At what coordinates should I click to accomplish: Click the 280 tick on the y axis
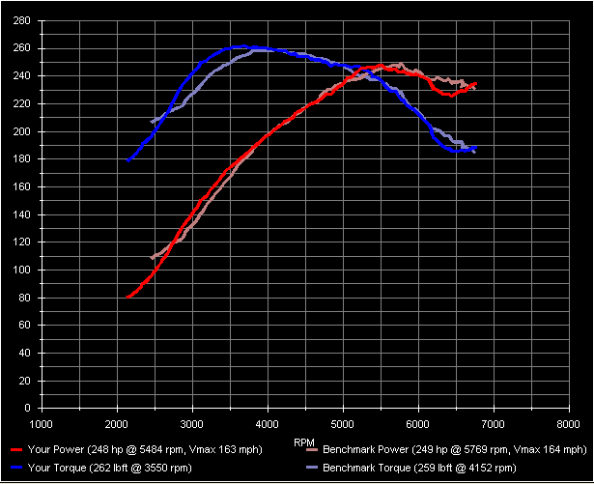pyautogui.click(x=21, y=20)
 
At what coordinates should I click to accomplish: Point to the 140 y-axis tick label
pyautogui.click(x=21, y=214)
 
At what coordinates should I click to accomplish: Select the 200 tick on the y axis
pyautogui.click(x=21, y=131)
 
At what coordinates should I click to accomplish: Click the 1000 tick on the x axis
pyautogui.click(x=42, y=423)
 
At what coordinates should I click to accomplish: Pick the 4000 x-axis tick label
pyautogui.click(x=268, y=423)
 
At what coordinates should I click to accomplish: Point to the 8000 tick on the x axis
pyautogui.click(x=569, y=423)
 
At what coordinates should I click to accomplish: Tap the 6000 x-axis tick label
pyautogui.click(x=418, y=423)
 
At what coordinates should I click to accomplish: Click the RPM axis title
pyautogui.click(x=303, y=441)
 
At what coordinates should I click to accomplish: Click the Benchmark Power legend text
pyautogui.click(x=454, y=450)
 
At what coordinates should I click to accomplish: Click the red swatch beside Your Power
pyautogui.click(x=15, y=450)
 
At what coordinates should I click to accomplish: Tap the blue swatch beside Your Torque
pyautogui.click(x=15, y=468)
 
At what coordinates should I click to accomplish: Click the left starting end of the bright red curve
pyautogui.click(x=127, y=297)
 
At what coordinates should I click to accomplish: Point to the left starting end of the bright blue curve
pyautogui.click(x=127, y=160)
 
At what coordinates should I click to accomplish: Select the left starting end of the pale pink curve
pyautogui.click(x=153, y=257)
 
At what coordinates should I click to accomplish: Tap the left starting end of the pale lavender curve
pyautogui.click(x=153, y=121)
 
